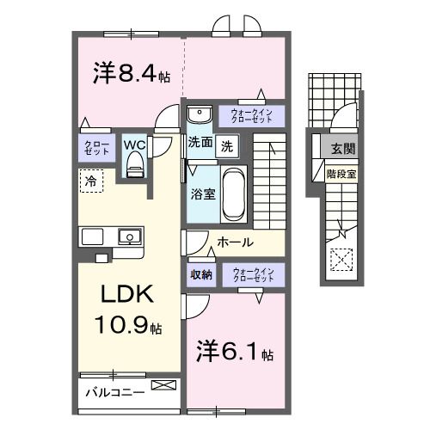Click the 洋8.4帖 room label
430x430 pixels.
pyautogui.click(x=131, y=72)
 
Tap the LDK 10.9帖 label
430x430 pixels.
pyautogui.click(x=129, y=310)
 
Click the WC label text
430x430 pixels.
pyautogui.click(x=134, y=145)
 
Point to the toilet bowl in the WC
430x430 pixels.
pyautogui.click(x=135, y=168)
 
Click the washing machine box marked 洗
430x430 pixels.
pyautogui.click(x=226, y=145)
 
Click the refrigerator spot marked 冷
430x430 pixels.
pyautogui.click(x=90, y=181)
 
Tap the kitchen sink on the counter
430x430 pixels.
pyautogui.click(x=129, y=236)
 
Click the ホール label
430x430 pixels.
pyautogui.click(x=235, y=243)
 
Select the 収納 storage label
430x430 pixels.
pyautogui.click(x=201, y=276)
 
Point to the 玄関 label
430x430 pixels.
pyautogui.click(x=342, y=147)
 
